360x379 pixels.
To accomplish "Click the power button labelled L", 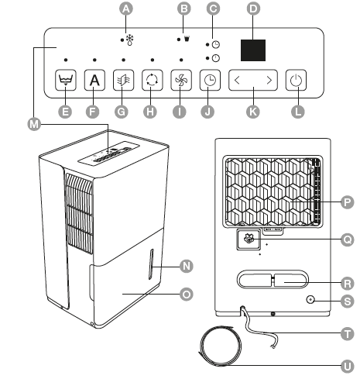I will point(296,79).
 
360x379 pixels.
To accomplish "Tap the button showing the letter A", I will point(94,79).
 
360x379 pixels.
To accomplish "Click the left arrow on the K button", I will point(238,79).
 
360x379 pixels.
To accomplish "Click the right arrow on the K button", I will point(269,79).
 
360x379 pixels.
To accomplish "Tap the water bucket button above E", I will point(66,79).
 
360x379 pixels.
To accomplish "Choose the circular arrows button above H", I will point(153,79).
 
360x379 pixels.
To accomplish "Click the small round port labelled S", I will point(310,298).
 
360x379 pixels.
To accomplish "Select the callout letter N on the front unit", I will point(186,266).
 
